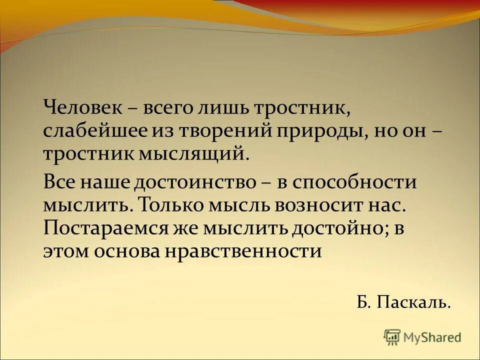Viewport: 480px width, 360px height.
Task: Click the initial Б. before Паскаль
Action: [x=363, y=301]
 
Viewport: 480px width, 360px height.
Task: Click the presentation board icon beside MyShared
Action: [x=392, y=337]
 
